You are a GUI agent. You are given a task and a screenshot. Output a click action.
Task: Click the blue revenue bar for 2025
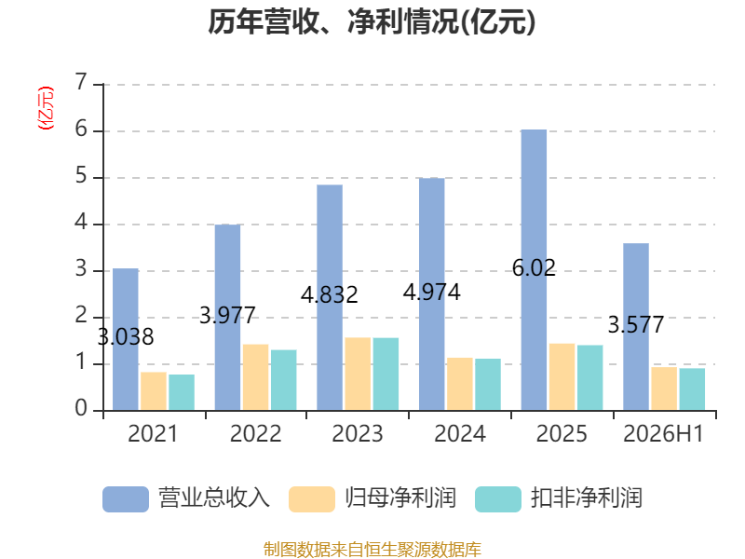(534, 270)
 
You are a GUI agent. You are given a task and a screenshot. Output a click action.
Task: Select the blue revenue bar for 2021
(126, 339)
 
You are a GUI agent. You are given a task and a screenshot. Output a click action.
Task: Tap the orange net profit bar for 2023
(358, 375)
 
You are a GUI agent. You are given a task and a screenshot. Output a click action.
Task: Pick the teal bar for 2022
(284, 380)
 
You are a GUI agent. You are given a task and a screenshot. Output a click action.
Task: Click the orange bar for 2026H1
(664, 389)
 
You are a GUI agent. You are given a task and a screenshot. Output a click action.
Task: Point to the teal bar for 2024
(488, 385)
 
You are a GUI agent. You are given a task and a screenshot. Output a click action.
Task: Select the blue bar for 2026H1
(636, 327)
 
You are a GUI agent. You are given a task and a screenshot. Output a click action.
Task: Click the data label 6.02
(534, 268)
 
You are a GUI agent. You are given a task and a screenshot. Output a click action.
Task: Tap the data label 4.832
(330, 295)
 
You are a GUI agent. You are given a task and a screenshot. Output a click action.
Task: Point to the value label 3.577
(636, 325)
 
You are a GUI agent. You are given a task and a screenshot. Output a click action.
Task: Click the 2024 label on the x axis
(460, 434)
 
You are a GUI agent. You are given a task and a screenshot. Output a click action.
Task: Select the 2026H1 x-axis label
(663, 434)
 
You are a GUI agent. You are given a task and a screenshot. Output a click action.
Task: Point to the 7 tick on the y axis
(81, 82)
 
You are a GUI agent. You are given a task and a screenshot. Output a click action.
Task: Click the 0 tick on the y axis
(81, 408)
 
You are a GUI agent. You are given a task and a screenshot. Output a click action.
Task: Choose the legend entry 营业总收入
(186, 498)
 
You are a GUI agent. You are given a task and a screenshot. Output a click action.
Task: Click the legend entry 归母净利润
(372, 498)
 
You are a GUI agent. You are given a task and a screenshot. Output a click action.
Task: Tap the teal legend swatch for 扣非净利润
(498, 499)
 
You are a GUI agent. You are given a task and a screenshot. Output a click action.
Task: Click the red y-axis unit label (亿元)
(46, 108)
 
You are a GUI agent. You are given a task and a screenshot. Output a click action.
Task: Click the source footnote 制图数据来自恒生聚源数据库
(372, 550)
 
